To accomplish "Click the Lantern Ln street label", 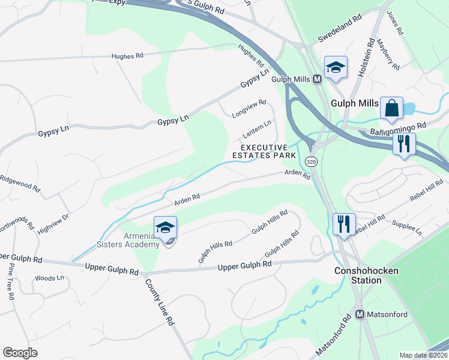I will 256,128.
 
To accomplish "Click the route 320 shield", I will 310,162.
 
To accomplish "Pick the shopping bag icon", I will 391,109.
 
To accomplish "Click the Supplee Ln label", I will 406,228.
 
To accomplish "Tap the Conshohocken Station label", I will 366,275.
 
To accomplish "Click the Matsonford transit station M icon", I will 360,314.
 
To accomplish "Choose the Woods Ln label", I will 49,278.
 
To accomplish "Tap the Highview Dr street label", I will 62,221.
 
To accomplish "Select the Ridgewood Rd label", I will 20,183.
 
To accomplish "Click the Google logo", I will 20,353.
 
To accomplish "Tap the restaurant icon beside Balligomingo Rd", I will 403,144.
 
